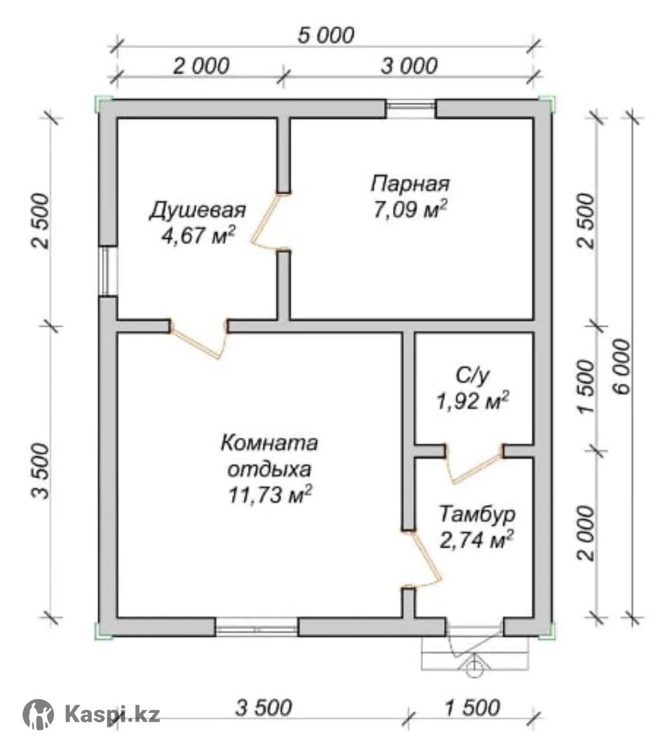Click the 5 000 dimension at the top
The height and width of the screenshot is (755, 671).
coord(326,36)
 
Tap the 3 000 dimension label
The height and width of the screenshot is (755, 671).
coord(409,66)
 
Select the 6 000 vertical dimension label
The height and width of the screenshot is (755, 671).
coord(621,366)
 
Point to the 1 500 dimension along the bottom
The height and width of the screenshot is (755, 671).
coord(472,707)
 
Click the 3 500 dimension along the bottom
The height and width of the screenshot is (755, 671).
coord(263,707)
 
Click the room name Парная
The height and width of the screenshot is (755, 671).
coord(410,184)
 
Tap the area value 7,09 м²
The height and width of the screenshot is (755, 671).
coord(410,210)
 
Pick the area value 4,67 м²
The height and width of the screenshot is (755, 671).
coord(198,235)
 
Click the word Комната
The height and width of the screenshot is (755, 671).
coord(269,444)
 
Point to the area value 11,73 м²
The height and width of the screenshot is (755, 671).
coord(269,495)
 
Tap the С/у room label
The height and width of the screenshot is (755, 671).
coord(472,376)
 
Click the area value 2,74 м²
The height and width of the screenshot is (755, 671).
coord(477,540)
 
